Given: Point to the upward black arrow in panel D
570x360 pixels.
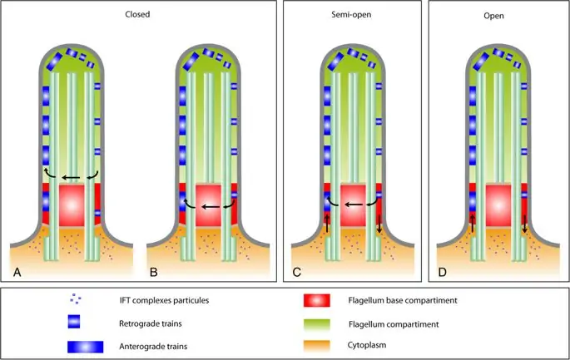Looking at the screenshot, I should (x=472, y=222).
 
